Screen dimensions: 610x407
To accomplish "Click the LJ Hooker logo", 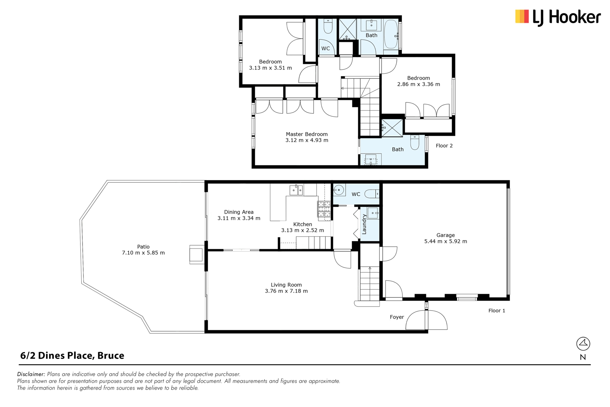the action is pos(558,17).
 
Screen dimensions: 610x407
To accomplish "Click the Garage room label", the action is pos(445,235).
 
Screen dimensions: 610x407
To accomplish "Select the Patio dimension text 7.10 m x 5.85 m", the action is pos(143,253).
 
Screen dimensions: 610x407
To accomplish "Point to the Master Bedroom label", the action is pos(307,134).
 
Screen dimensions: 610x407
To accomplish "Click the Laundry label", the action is pos(364,224).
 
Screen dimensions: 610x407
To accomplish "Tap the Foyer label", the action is pos(397,317).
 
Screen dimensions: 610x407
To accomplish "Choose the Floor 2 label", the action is pos(444,146).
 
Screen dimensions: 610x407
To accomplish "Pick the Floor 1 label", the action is pos(497,311).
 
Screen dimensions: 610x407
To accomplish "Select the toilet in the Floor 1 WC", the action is pos(371,194).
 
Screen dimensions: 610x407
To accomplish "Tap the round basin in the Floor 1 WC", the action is pos(339,190).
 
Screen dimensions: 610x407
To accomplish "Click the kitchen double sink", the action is pos(296,190).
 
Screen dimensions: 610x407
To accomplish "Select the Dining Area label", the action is pos(239,212).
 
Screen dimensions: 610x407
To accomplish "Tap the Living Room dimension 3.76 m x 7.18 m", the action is pos(286,291).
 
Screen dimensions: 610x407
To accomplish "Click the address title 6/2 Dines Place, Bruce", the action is pos(72,355).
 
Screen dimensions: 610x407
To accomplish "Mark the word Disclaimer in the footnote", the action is pos(31,374).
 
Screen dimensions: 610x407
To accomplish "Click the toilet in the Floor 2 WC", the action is pos(328,26).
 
